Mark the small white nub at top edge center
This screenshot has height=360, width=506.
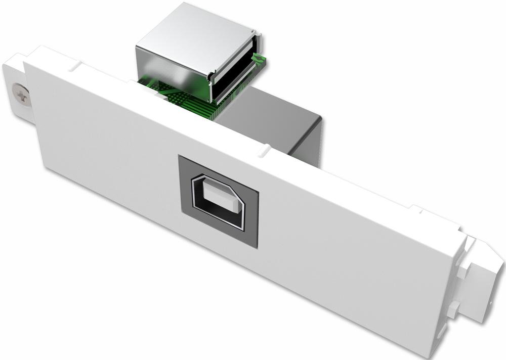(264, 150)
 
